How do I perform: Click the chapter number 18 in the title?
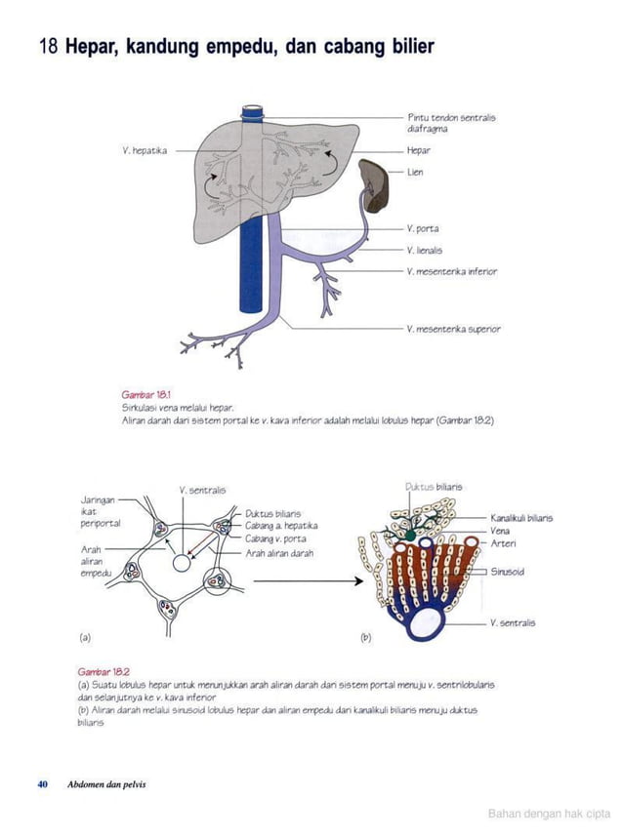(48, 47)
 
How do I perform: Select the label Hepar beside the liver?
(419, 151)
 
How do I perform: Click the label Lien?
(415, 172)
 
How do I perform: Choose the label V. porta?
(423, 228)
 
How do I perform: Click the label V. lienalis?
(428, 250)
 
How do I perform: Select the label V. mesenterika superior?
(454, 329)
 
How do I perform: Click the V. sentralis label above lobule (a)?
(202, 490)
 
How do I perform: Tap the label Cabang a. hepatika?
(279, 525)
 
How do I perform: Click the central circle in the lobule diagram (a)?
(182, 564)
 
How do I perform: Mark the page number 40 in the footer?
(43, 783)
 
